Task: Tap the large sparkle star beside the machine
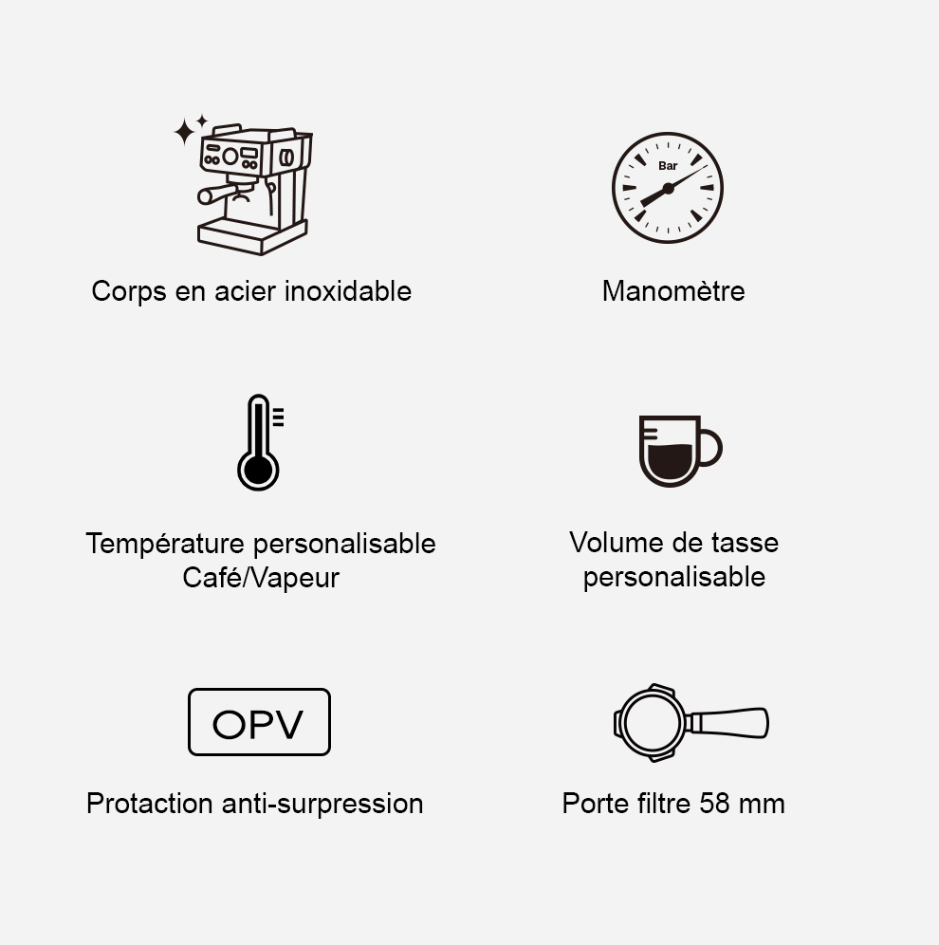click(x=184, y=131)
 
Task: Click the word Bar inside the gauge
click(x=668, y=166)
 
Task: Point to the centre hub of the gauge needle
click(x=668, y=189)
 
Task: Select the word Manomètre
click(x=673, y=291)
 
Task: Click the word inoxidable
click(x=347, y=291)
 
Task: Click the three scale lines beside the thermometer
click(x=278, y=417)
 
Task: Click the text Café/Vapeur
click(x=261, y=578)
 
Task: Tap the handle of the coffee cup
click(x=710, y=447)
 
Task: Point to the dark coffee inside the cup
click(x=669, y=462)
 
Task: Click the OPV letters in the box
click(x=258, y=724)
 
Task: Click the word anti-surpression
click(x=322, y=804)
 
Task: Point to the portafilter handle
click(x=727, y=723)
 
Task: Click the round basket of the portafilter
click(x=650, y=723)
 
